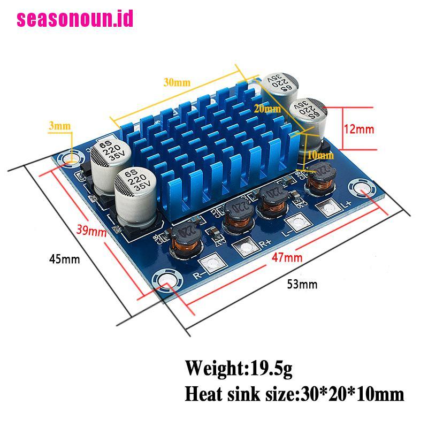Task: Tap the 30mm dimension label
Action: pos(177,82)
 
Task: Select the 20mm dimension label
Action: pos(267,109)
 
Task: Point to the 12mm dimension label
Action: pos(359,129)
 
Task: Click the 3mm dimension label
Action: pos(59,126)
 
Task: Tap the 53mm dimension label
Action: pos(302,284)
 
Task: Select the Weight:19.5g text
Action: pos(239,368)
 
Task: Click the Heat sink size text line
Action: pos(294,394)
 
